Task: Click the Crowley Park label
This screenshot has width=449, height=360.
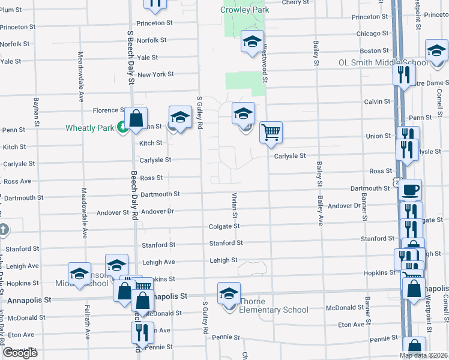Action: pyautogui.click(x=244, y=10)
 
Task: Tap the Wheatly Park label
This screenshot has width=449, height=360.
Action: pyautogui.click(x=90, y=128)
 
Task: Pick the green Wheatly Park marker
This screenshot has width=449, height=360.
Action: pyautogui.click(x=122, y=127)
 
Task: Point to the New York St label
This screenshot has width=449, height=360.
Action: pyautogui.click(x=155, y=74)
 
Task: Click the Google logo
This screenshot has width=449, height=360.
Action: pyautogui.click(x=20, y=353)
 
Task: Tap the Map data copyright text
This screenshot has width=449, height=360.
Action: pyautogui.click(x=423, y=355)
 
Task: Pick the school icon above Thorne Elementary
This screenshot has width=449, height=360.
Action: pyautogui.click(x=229, y=294)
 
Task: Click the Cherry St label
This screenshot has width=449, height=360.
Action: pyautogui.click(x=295, y=2)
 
